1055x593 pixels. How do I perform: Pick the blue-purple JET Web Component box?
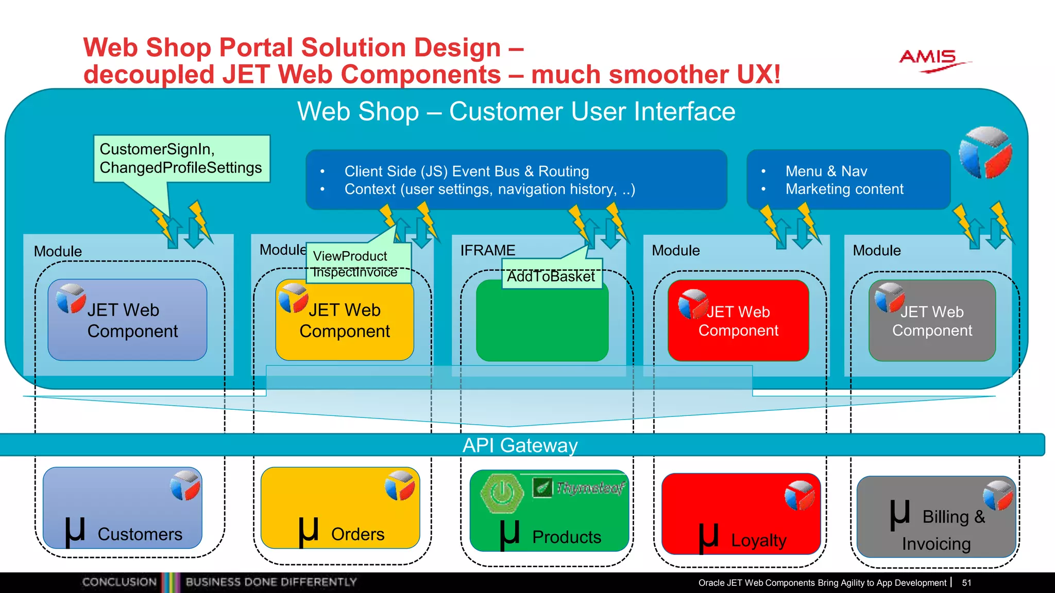tap(127, 320)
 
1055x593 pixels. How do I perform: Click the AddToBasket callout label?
tap(551, 276)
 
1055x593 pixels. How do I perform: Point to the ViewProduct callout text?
tap(350, 256)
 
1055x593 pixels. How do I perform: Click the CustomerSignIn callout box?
tap(181, 159)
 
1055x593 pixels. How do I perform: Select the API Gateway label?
tap(520, 445)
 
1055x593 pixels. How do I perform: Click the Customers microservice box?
tap(122, 508)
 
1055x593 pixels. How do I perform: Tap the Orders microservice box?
tap(340, 508)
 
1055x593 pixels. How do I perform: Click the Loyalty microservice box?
tap(740, 515)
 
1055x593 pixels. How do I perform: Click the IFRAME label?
tap(487, 250)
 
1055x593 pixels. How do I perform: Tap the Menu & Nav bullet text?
tap(826, 171)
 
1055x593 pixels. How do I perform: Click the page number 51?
tap(966, 583)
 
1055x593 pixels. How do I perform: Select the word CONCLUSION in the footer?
tap(119, 582)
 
